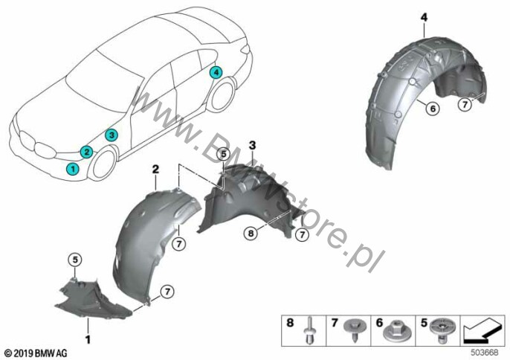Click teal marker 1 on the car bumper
(73, 169)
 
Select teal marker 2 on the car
(87, 151)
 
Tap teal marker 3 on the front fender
(112, 135)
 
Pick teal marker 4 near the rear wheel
(216, 72)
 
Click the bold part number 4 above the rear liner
(424, 18)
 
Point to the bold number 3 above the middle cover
(253, 145)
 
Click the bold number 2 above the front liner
(156, 169)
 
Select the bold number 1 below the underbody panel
(88, 339)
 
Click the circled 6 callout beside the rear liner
(433, 108)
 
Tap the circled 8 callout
(251, 233)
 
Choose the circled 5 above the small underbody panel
(75, 260)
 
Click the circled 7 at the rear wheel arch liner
(465, 104)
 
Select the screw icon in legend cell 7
(355, 329)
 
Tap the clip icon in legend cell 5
(442, 330)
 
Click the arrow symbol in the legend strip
(482, 331)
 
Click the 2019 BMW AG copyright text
(36, 353)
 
